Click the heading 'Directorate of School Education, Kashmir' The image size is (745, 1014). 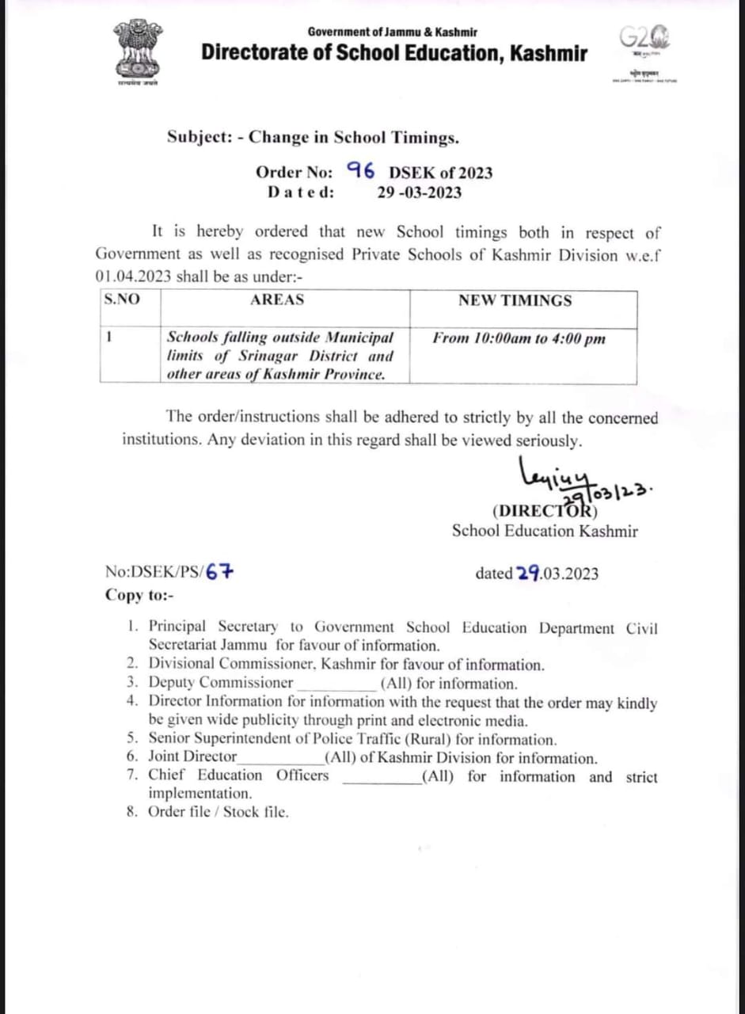[x=394, y=54]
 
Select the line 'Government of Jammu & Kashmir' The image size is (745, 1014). [x=393, y=32]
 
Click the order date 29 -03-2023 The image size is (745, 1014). [x=420, y=192]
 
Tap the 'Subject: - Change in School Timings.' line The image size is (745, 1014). [x=313, y=137]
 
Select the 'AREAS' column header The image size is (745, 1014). [x=277, y=300]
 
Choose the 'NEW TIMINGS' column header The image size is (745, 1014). [x=515, y=300]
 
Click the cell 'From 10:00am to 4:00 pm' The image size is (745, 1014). [x=519, y=339]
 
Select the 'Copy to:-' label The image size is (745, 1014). [x=139, y=595]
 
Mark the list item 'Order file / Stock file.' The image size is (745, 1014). [x=219, y=812]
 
